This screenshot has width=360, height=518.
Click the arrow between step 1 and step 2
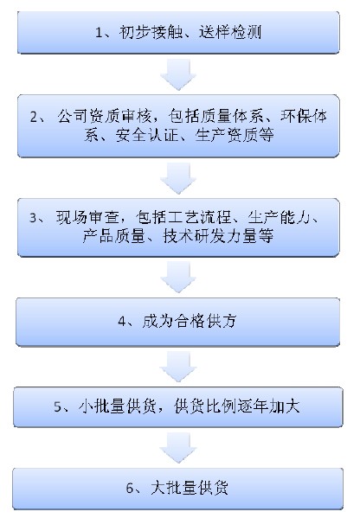click(x=178, y=74)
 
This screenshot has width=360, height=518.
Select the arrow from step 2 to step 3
click(x=178, y=179)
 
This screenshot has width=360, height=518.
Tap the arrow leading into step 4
click(x=178, y=278)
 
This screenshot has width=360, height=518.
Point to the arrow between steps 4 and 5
click(x=178, y=367)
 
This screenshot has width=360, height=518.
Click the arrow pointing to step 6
click(x=178, y=448)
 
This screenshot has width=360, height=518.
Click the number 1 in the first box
click(x=99, y=32)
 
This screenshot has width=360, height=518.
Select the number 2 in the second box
click(x=34, y=118)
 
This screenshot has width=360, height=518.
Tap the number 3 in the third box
click(x=34, y=218)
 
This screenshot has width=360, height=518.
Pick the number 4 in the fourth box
click(x=122, y=321)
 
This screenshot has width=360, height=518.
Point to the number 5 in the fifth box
click(x=58, y=406)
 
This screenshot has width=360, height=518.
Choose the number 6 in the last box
click(x=130, y=489)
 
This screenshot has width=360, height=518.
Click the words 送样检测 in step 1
click(x=230, y=32)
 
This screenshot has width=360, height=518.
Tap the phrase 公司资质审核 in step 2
click(x=105, y=116)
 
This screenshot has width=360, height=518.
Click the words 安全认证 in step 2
click(x=147, y=135)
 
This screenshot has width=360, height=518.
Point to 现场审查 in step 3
click(x=87, y=217)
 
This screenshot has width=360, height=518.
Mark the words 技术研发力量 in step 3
click(x=210, y=236)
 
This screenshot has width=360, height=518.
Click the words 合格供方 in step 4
click(x=206, y=321)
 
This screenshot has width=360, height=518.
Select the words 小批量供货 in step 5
click(x=118, y=406)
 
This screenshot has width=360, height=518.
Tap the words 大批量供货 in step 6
click(x=190, y=488)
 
